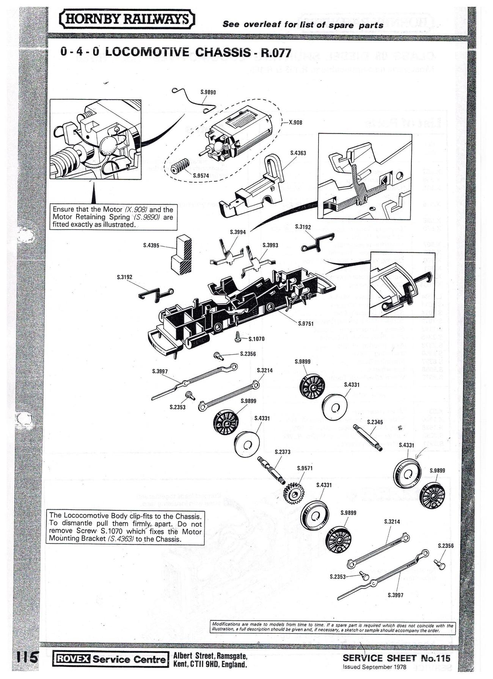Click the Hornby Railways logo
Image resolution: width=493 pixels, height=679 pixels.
[127, 19]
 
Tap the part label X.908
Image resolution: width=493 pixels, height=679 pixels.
[295, 123]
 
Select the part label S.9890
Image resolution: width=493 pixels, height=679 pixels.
[208, 92]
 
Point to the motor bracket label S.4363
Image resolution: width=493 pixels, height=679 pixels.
[298, 153]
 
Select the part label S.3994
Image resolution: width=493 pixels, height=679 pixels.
[238, 232]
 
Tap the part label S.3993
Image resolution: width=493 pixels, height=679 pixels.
[270, 245]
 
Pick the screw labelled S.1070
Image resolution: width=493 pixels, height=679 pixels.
[238, 336]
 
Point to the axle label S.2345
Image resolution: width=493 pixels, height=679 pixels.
[375, 422]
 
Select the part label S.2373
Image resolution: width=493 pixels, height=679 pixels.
[282, 452]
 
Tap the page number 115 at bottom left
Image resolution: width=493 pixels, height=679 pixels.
[26, 656]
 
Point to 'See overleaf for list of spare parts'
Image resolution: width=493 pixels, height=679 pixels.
[303, 25]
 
